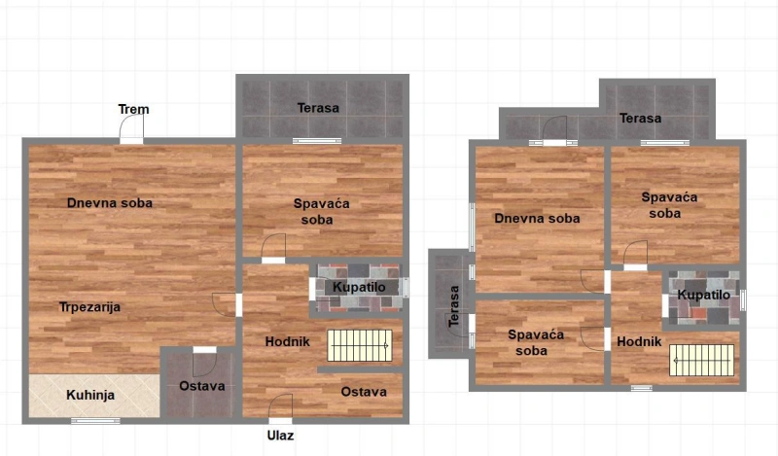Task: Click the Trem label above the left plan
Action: [x=133, y=109]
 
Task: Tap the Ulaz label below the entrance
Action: [x=280, y=436]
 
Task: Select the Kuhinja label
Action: [x=90, y=395]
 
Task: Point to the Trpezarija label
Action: [x=89, y=307]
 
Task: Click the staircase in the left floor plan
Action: [x=360, y=345]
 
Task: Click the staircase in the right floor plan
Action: [x=701, y=361]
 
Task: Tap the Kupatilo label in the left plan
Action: [x=359, y=287]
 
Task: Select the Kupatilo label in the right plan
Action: [x=703, y=296]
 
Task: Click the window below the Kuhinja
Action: [x=95, y=421]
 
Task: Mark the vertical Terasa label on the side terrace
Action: [x=454, y=306]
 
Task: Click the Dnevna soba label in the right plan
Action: [x=538, y=219]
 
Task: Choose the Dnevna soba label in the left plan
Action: [x=110, y=203]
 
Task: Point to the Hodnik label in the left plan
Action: [x=287, y=341]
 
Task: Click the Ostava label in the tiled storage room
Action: [x=202, y=386]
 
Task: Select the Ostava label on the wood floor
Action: [x=364, y=392]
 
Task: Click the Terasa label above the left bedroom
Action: [x=318, y=108]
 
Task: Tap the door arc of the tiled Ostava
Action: [x=204, y=365]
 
